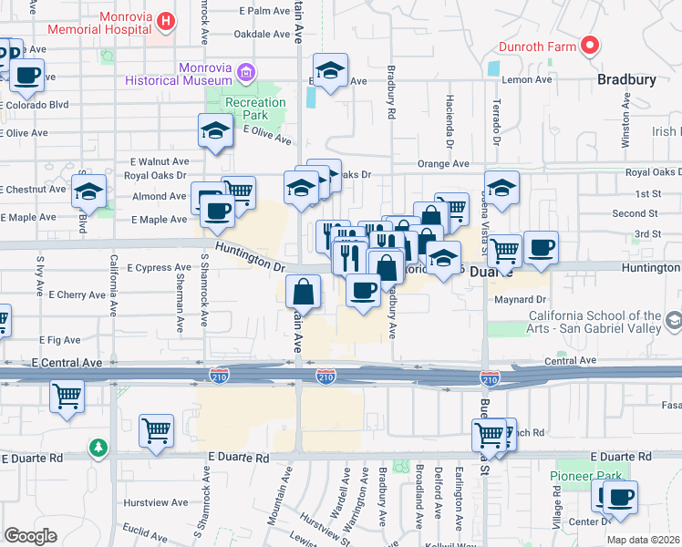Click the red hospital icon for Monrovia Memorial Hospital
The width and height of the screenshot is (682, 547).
[x=165, y=20]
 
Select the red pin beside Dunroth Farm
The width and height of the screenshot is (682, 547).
[x=590, y=44]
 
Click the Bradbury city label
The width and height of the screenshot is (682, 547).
[x=626, y=79]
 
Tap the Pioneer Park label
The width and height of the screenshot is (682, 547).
[x=584, y=476]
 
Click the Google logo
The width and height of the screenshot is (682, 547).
[x=30, y=536]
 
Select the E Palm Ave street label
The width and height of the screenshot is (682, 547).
[x=263, y=11]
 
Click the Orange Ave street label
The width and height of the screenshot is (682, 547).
[x=443, y=164]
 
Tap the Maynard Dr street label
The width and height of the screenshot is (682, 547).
[x=520, y=299]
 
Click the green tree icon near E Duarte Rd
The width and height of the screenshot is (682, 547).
[x=98, y=448]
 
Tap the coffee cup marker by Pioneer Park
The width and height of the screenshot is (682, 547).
[x=620, y=498]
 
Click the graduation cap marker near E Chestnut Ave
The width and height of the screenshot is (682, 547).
[x=88, y=191]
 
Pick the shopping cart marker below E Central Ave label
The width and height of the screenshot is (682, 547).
[x=67, y=397]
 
